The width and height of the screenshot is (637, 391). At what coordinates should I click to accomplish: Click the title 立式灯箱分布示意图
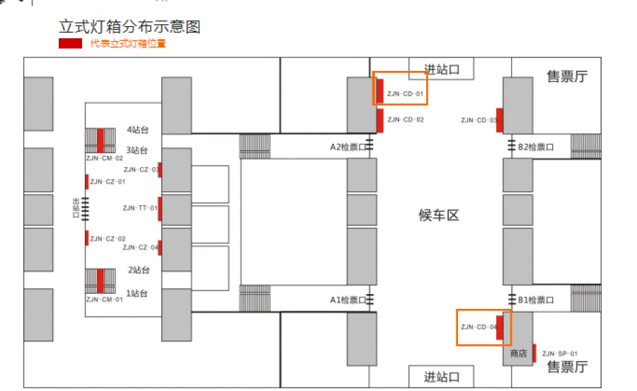130,27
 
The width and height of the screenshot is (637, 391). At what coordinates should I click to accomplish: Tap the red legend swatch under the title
70,43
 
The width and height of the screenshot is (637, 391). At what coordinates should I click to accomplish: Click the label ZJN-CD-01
405,94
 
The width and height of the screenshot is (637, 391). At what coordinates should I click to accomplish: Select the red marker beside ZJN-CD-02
380,120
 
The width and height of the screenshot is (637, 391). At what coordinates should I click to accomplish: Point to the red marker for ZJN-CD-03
500,120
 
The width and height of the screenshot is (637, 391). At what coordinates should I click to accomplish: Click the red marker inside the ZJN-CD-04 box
500,327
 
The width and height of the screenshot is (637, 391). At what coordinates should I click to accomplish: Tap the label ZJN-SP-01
559,353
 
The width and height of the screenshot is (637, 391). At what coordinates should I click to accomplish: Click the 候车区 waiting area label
439,215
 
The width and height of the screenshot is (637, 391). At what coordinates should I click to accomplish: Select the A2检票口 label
348,147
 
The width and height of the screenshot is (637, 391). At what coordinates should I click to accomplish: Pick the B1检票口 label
536,300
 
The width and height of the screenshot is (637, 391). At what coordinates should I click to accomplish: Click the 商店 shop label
518,353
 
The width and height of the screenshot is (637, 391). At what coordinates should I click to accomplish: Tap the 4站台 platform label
138,130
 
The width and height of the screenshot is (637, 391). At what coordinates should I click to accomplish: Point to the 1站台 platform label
137,293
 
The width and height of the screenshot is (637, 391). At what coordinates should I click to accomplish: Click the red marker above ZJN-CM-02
101,141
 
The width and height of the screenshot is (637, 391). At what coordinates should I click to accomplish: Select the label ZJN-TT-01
139,208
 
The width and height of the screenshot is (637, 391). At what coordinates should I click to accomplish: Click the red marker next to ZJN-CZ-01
87,181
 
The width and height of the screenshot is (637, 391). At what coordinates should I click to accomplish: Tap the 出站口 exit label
76,208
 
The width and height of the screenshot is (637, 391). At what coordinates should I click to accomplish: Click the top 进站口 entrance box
441,69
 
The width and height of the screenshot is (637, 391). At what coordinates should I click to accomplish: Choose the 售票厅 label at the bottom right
567,367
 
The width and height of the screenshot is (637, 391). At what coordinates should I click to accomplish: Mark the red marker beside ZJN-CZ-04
160,248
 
